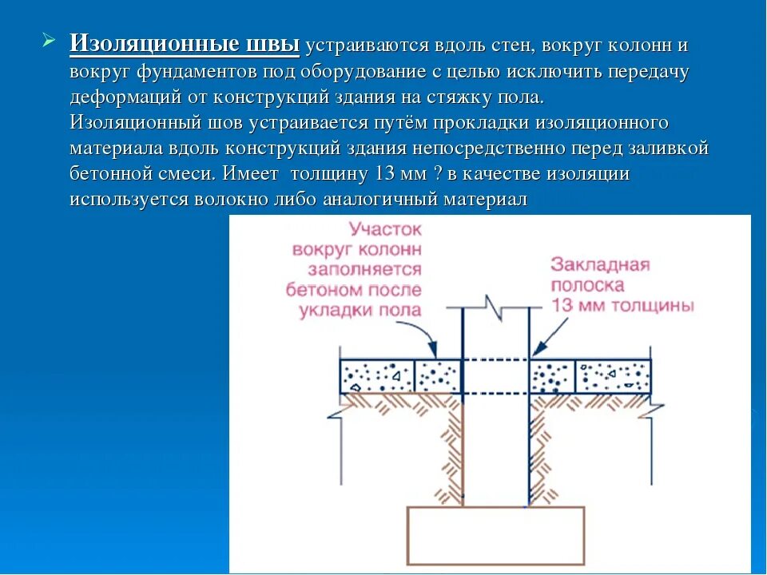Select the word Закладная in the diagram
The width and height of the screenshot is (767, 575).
(600, 265)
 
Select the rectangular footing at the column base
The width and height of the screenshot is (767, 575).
(495, 535)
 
